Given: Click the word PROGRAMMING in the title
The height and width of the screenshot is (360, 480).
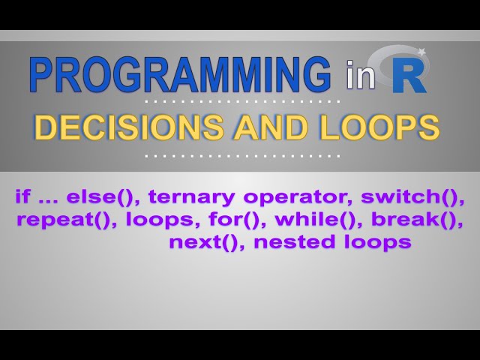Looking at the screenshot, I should tap(180, 76).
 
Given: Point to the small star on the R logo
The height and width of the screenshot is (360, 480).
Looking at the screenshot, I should tap(421, 52).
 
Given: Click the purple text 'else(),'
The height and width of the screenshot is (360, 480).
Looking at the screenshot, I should tap(104, 198).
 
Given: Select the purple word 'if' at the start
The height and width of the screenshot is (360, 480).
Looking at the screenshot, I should tap(22, 198).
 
